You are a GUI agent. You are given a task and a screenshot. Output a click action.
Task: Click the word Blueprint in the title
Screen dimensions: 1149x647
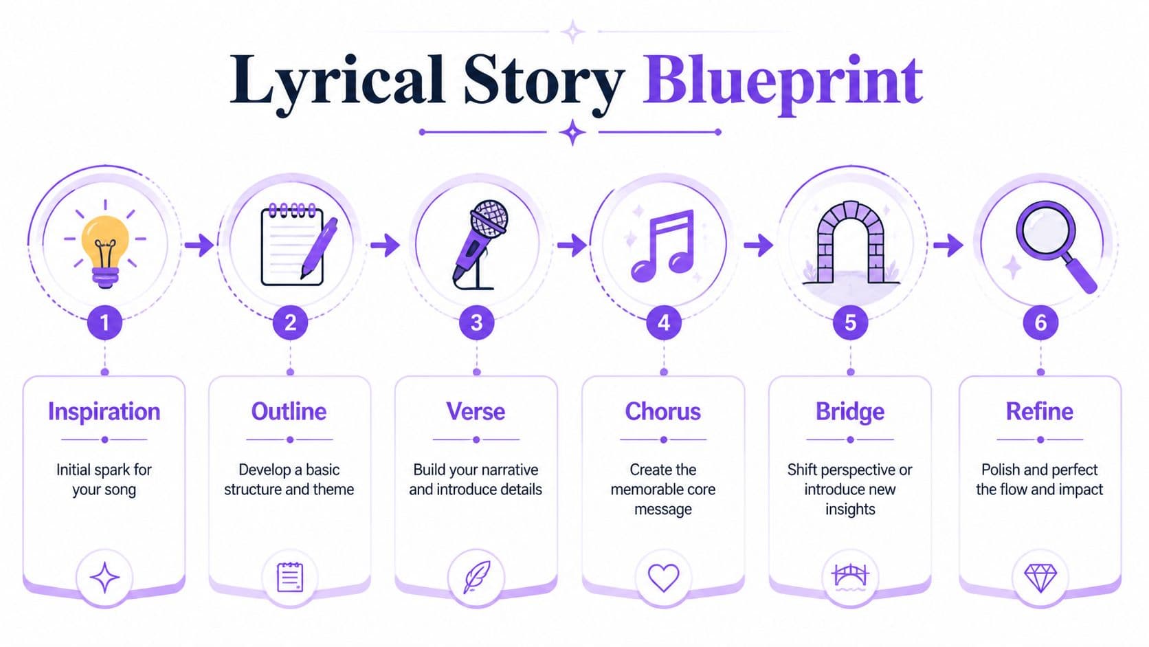783,84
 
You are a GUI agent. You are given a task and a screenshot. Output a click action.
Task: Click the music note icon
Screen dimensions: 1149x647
662,245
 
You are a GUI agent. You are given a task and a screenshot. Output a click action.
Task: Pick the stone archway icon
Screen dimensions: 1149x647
850,243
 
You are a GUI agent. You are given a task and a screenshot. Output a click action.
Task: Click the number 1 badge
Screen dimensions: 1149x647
104,322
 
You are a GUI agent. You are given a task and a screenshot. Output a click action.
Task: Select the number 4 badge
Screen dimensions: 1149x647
664,322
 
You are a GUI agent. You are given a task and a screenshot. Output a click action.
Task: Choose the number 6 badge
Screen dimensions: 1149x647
1040,322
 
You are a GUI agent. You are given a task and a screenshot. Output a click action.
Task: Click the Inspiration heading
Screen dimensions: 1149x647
104,411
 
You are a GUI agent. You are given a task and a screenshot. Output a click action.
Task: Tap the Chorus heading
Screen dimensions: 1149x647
662,411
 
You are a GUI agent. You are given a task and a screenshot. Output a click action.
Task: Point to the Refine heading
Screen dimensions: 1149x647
1039,411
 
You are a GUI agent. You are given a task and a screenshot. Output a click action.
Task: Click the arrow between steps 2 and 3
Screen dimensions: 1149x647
385,245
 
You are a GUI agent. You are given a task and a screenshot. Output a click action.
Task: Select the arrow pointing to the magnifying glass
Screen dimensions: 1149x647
948,245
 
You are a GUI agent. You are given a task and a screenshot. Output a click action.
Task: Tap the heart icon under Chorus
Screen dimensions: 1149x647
664,578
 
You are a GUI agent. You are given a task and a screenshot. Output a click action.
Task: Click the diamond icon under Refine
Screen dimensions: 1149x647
1040,578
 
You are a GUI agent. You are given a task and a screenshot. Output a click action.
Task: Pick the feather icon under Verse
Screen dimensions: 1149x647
477,578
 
